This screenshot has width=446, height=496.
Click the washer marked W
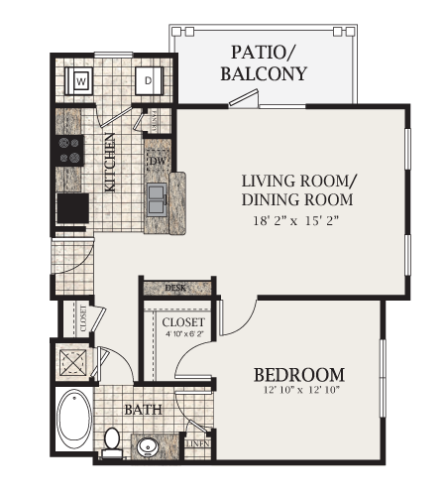(81, 79)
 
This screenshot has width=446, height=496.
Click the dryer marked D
(148, 79)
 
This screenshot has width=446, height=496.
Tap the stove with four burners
(69, 150)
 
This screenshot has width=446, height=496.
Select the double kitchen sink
(157, 200)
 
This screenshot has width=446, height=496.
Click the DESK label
(175, 288)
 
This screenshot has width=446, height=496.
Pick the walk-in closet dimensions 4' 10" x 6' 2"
(183, 333)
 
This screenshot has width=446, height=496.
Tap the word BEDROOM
(298, 374)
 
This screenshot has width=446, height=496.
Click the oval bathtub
(73, 420)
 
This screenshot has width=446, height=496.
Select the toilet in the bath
(112, 438)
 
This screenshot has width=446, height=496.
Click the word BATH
(143, 408)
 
